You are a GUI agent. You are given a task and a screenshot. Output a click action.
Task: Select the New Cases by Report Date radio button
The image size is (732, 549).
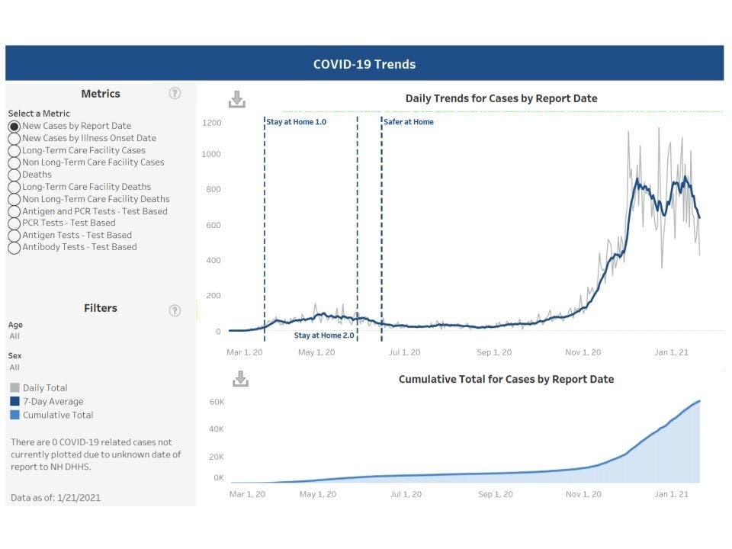(14, 126)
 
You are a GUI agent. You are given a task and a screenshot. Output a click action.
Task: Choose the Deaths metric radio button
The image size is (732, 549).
(14, 175)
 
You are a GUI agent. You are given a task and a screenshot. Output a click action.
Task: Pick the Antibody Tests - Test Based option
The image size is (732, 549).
(14, 247)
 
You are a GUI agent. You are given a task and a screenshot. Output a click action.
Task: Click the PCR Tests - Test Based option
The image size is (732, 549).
(14, 223)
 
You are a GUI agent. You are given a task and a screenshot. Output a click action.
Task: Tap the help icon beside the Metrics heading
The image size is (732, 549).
(175, 93)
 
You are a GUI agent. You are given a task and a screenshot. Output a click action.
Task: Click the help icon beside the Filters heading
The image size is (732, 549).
(175, 310)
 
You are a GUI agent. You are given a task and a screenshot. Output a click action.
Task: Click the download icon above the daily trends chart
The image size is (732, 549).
(237, 99)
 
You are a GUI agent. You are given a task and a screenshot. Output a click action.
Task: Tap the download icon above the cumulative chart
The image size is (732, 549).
(240, 379)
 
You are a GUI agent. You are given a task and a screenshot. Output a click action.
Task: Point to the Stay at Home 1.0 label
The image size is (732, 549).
(296, 122)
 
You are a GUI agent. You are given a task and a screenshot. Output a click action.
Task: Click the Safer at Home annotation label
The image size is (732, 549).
(409, 122)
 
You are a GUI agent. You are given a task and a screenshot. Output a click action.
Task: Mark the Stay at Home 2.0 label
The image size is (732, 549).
(324, 335)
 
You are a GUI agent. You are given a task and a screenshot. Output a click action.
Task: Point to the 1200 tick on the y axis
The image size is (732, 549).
(212, 123)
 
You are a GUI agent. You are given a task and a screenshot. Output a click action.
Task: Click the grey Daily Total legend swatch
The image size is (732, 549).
(14, 388)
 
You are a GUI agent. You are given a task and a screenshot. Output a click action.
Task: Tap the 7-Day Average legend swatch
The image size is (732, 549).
(14, 402)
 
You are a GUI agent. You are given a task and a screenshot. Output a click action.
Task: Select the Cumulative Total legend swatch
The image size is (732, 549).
(14, 416)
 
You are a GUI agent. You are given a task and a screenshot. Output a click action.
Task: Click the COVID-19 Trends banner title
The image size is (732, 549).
(364, 64)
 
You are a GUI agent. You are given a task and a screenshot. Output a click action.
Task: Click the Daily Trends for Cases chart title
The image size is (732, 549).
(501, 98)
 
